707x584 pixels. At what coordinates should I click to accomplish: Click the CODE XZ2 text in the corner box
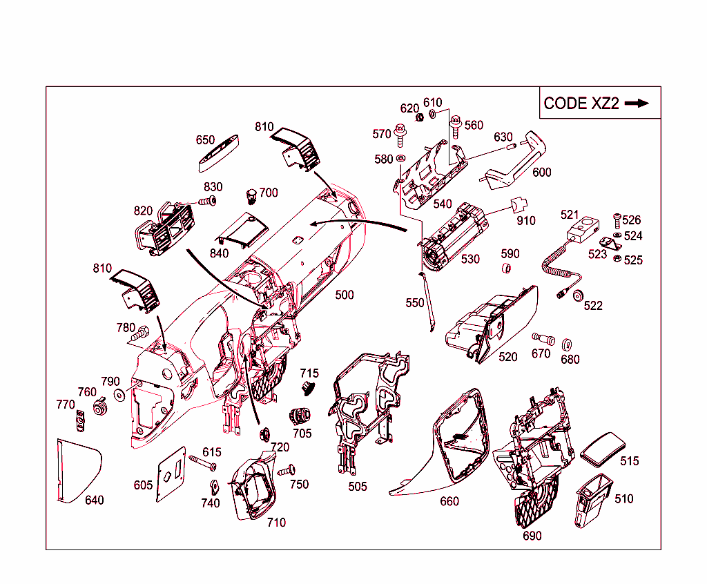click(x=581, y=104)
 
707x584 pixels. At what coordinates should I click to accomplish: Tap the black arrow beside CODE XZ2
click(x=637, y=104)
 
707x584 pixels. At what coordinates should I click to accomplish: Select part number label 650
click(x=205, y=140)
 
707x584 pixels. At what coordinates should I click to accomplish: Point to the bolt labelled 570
click(x=400, y=135)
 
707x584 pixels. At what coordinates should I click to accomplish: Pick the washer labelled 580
click(x=400, y=158)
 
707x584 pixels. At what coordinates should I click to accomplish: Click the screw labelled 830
click(x=208, y=201)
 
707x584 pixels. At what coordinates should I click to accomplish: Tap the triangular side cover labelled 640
click(x=79, y=471)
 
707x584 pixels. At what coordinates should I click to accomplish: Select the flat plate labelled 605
click(x=171, y=474)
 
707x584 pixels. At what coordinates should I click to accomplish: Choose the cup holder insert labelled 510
click(x=593, y=500)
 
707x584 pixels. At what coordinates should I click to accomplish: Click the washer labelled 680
click(x=567, y=345)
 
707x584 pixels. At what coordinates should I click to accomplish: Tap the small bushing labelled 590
click(x=506, y=269)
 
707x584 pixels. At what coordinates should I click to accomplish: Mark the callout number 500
click(x=345, y=295)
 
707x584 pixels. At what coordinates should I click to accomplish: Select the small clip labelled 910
click(x=519, y=205)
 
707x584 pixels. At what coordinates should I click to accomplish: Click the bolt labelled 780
click(x=139, y=334)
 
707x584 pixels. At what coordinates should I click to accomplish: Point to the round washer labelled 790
click(x=120, y=395)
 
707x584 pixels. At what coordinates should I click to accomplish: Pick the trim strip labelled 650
click(x=218, y=153)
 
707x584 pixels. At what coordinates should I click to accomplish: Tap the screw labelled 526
click(x=617, y=221)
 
